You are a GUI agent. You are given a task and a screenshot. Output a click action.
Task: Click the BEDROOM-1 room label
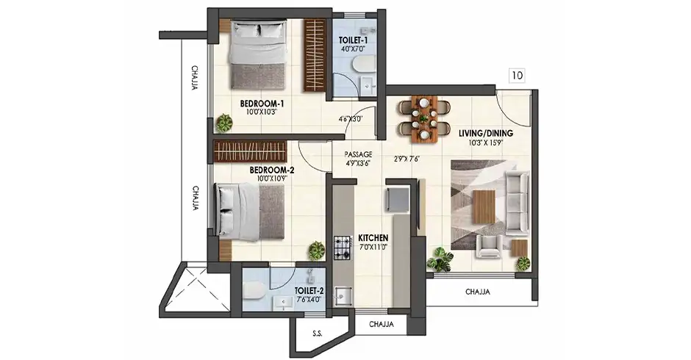click(x=262, y=104)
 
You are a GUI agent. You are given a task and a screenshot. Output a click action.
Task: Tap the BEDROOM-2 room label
click(x=272, y=170)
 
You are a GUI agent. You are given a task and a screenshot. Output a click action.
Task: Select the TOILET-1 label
click(x=354, y=40)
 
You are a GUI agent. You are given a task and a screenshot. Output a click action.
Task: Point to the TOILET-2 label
click(x=309, y=291)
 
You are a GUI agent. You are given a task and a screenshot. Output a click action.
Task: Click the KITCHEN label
click(x=373, y=238)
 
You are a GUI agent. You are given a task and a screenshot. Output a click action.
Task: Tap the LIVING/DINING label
click(x=486, y=133)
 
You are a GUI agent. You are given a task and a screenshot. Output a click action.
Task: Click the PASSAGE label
click(x=358, y=154)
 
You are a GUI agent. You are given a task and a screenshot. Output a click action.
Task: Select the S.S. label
click(x=317, y=334)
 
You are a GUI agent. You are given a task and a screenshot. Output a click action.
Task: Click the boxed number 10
click(x=517, y=76)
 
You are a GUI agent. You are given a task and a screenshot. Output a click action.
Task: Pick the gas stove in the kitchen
click(x=343, y=248)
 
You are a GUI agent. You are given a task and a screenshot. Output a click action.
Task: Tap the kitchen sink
click(x=343, y=295)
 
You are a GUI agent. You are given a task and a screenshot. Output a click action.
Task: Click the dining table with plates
click(x=424, y=119)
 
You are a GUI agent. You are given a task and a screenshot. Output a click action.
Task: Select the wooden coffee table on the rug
click(x=484, y=206)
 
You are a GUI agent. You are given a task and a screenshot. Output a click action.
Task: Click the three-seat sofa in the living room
click(x=517, y=203)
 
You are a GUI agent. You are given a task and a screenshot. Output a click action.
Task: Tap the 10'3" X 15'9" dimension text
click(x=486, y=143)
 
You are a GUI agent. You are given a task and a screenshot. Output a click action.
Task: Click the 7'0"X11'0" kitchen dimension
click(x=373, y=247)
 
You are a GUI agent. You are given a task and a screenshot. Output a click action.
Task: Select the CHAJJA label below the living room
click(x=478, y=292)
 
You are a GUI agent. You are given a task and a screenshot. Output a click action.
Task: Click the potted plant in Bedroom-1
click(x=224, y=123)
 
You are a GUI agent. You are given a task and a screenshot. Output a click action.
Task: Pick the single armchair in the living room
click(x=490, y=247)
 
